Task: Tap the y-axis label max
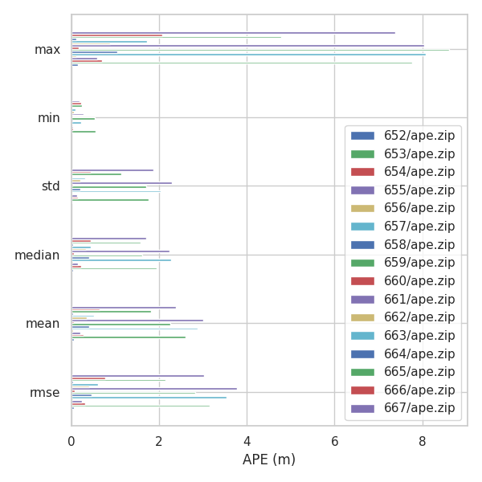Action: click(x=47, y=50)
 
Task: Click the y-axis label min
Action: click(x=49, y=118)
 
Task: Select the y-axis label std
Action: click(x=51, y=186)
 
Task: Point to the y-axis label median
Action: click(x=37, y=255)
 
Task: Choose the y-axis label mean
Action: click(x=43, y=324)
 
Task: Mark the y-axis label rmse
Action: click(x=44, y=392)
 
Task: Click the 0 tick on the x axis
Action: click(x=71, y=440)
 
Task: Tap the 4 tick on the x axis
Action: click(x=247, y=440)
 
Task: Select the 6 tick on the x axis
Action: click(x=335, y=440)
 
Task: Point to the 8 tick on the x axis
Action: click(x=423, y=440)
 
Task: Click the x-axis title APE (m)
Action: click(x=269, y=460)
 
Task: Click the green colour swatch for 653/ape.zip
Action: click(x=362, y=154)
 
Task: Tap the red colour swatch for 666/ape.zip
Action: click(x=362, y=390)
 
